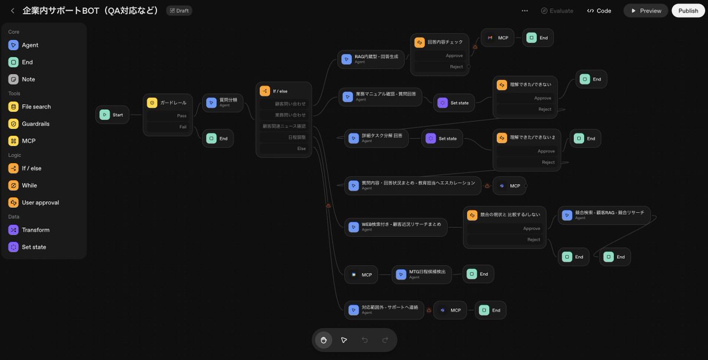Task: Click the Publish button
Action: click(x=688, y=11)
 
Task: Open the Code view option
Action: click(x=599, y=11)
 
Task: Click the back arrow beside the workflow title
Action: click(x=12, y=11)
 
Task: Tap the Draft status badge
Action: click(x=179, y=11)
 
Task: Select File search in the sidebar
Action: click(x=36, y=107)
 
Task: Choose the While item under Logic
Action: click(x=29, y=185)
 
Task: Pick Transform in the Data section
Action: click(x=35, y=230)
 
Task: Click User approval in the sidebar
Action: click(x=40, y=202)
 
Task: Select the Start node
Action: click(x=112, y=114)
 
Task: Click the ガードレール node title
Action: click(x=172, y=103)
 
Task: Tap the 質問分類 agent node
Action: click(x=223, y=103)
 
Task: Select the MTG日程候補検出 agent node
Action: click(x=422, y=274)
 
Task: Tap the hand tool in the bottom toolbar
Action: click(x=324, y=340)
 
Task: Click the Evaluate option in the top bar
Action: click(x=557, y=11)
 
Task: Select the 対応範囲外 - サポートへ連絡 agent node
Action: click(x=384, y=310)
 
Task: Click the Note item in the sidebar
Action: click(x=28, y=79)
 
